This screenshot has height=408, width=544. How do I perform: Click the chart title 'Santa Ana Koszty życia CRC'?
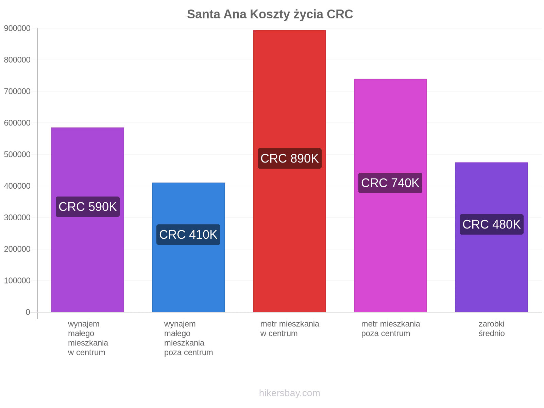(270, 14)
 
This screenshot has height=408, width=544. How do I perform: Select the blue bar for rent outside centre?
(189, 247)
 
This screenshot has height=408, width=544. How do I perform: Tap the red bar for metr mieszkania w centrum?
(289, 171)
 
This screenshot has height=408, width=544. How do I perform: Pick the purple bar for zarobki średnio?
(491, 237)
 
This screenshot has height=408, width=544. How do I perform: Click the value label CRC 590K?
(88, 207)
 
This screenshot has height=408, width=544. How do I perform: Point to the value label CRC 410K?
(188, 235)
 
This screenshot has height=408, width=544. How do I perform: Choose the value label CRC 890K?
(289, 158)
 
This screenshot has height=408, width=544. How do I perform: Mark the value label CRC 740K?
(390, 183)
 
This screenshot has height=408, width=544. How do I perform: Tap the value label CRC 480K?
(491, 224)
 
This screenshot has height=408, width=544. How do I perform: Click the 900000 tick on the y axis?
(17, 28)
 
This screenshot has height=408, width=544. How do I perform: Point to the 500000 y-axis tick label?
(17, 154)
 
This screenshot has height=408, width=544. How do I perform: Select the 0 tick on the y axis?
(28, 312)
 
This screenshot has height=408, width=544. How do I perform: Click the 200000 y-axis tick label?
(17, 249)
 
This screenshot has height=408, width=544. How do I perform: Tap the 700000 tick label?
(17, 91)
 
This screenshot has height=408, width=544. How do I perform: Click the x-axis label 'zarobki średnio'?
(491, 329)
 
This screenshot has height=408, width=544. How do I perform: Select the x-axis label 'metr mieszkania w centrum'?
(289, 329)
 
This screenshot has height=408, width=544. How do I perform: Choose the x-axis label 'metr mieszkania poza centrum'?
(391, 329)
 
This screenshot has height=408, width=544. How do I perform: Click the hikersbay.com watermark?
(289, 393)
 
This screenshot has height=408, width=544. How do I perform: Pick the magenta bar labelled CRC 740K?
(390, 195)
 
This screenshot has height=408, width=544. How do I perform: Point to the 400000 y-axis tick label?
(17, 186)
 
